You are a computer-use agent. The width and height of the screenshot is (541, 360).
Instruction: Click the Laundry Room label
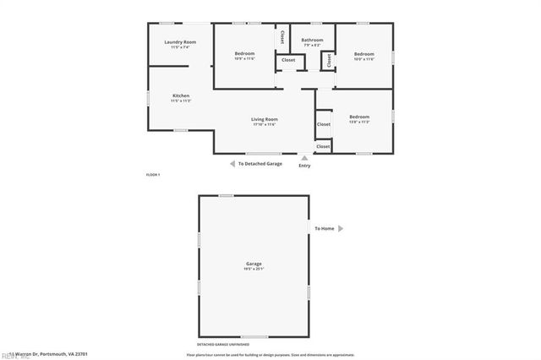[179, 42]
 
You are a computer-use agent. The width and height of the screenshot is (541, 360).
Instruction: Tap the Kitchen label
[181, 95]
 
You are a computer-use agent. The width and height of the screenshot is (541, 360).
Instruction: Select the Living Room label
[265, 119]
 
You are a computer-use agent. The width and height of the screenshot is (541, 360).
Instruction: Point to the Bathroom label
[312, 40]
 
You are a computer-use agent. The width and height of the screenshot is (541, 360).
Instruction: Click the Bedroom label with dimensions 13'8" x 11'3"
[359, 117]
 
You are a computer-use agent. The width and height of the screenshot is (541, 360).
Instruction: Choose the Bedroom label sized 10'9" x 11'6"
[245, 53]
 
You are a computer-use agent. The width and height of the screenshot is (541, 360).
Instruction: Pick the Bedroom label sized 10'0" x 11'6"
[363, 53]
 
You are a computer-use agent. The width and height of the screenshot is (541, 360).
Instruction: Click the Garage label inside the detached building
[254, 265]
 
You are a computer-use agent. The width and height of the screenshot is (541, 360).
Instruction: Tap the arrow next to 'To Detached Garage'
[232, 164]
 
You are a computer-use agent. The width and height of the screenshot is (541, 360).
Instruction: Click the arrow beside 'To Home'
[341, 228]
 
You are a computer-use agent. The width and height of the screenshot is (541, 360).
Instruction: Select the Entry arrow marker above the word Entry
[304, 156]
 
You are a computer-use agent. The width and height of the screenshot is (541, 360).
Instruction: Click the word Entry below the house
[304, 165]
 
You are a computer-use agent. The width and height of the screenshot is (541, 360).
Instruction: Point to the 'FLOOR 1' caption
[153, 174]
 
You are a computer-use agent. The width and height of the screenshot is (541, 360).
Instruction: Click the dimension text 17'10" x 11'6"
[265, 125]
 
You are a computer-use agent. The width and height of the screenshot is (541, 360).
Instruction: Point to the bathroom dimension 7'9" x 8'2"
[312, 45]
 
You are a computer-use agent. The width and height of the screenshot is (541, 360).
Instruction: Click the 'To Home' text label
[325, 228]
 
